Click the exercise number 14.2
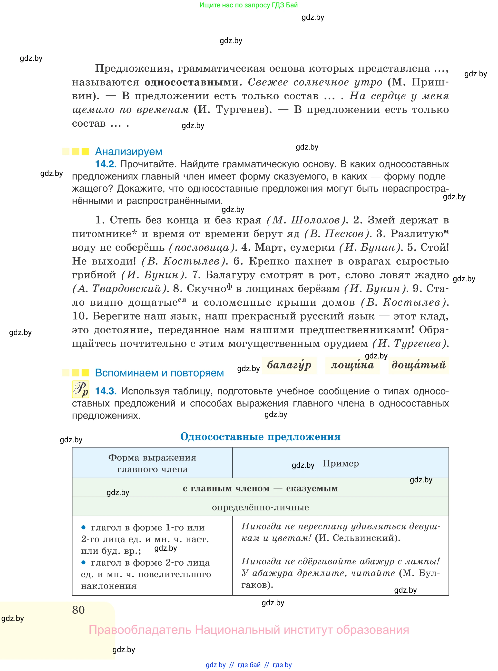[x=106, y=164]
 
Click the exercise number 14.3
[x=106, y=391]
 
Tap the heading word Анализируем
[x=128, y=152]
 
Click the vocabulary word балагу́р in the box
[x=289, y=365]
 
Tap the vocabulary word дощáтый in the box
[x=419, y=365]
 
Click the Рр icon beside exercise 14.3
[x=80, y=389]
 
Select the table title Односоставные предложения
[x=260, y=437]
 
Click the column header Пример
[x=341, y=463]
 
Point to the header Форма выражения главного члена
[x=152, y=463]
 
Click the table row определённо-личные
[x=260, y=507]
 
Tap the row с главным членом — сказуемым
[x=260, y=488]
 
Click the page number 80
[x=78, y=610]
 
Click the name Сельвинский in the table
[x=364, y=538]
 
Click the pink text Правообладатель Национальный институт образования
[x=249, y=630]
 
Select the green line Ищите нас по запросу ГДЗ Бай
[x=249, y=5]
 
